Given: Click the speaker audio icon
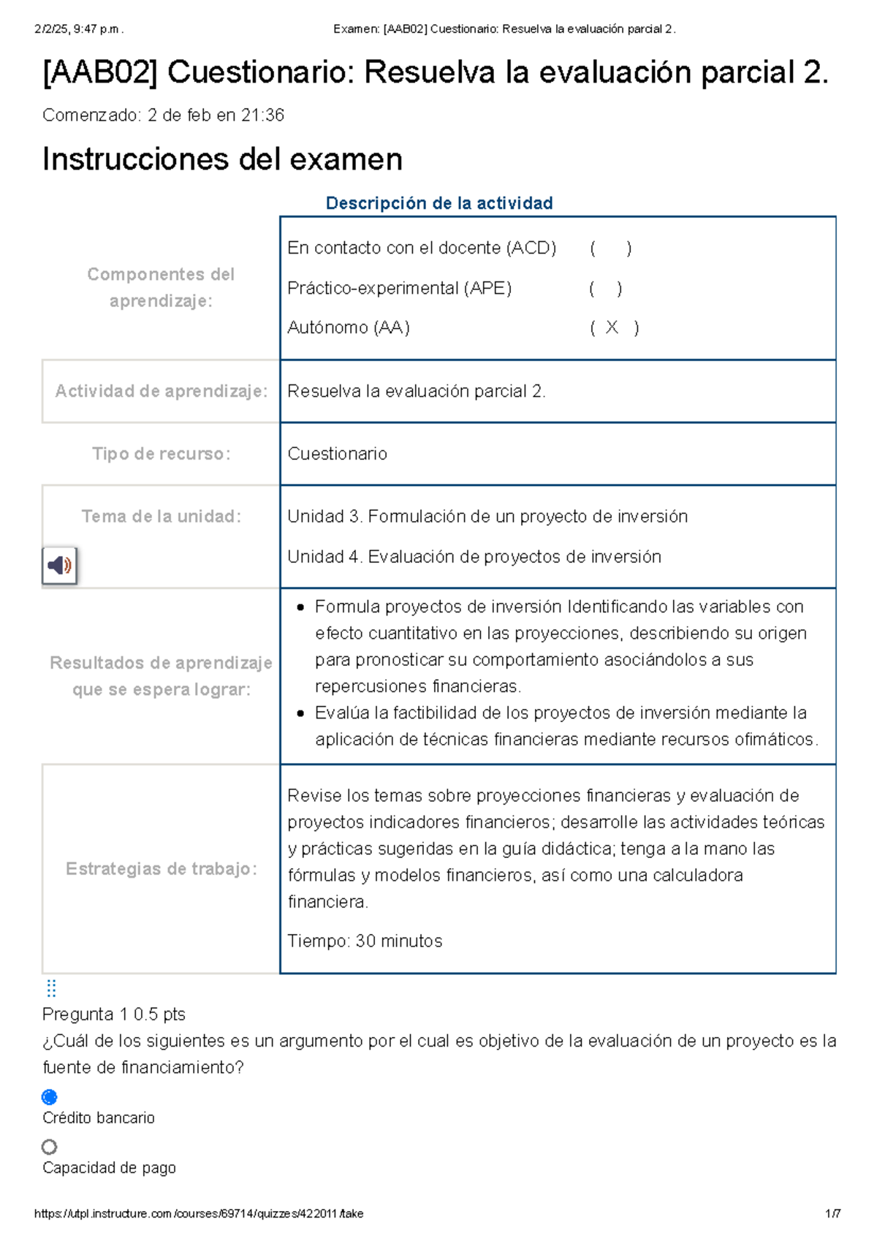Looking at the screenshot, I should pyautogui.click(x=59, y=565).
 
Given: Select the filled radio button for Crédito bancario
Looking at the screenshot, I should pyautogui.click(x=50, y=1097).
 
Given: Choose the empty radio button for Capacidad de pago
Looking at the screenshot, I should pyautogui.click(x=50, y=1147).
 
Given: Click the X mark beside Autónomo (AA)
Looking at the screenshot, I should pyautogui.click(x=612, y=327).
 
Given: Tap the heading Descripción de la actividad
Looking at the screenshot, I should pyautogui.click(x=438, y=203).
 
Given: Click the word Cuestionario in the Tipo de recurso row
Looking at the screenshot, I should pyautogui.click(x=337, y=454).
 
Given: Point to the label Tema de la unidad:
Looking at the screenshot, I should pyautogui.click(x=161, y=517).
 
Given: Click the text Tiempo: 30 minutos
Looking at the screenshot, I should pyautogui.click(x=365, y=941).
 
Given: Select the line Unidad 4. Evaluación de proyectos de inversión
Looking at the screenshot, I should pyautogui.click(x=474, y=557).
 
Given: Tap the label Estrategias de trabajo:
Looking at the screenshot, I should pyautogui.click(x=161, y=869).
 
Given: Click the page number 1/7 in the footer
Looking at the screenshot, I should pyautogui.click(x=832, y=1214).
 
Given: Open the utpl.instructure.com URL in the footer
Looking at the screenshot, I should pyautogui.click(x=199, y=1214).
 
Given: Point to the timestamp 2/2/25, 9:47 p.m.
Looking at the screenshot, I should pyautogui.click(x=79, y=30).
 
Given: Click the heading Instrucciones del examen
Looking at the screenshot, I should pyautogui.click(x=222, y=159).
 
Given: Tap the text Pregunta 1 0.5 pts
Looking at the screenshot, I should pyautogui.click(x=114, y=1014).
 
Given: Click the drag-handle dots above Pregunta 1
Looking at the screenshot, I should pyautogui.click(x=51, y=988).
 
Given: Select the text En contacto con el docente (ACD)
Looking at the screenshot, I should pyautogui.click(x=422, y=248).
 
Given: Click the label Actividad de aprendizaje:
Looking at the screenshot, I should pyautogui.click(x=161, y=392).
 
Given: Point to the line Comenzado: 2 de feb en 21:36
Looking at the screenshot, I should pyautogui.click(x=163, y=115).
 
